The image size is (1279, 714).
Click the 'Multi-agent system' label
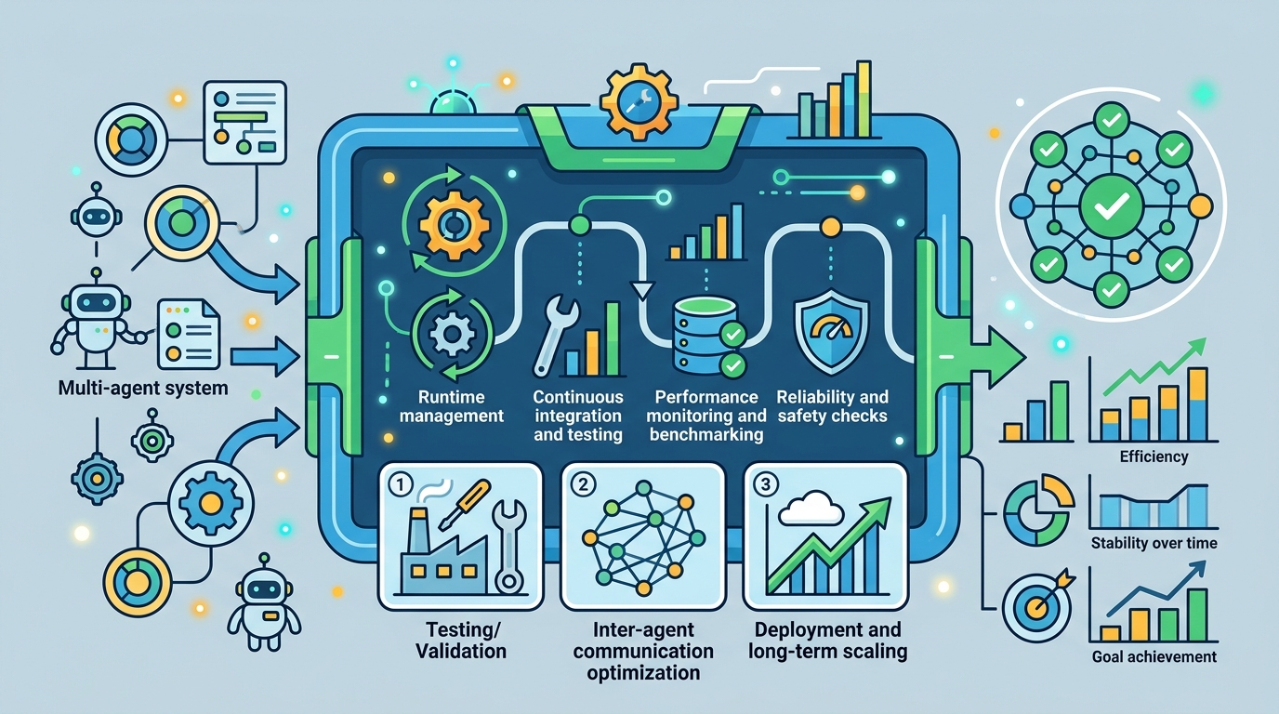(x=143, y=389)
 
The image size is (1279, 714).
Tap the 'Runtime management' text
(x=452, y=406)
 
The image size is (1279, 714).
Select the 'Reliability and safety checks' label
(x=833, y=406)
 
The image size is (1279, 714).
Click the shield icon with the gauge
(x=832, y=331)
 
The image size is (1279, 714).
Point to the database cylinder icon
(x=704, y=334)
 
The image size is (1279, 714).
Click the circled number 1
(x=401, y=485)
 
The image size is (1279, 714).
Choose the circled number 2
(x=583, y=485)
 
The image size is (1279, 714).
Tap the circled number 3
(x=766, y=485)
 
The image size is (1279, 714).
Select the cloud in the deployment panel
(x=811, y=509)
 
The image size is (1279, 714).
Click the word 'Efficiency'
(x=1154, y=457)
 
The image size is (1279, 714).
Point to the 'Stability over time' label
(x=1154, y=543)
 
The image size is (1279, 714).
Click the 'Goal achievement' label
(x=1154, y=657)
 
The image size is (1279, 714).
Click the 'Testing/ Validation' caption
(x=461, y=641)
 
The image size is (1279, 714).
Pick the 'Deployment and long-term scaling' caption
(x=827, y=641)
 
